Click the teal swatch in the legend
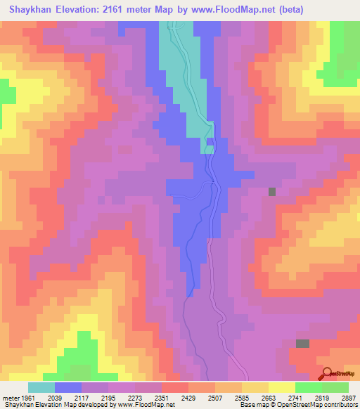coord(41,387)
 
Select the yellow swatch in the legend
coord(282,387)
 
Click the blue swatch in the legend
coord(68,387)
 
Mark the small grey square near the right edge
coord(272,192)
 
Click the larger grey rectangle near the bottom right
coord(302,344)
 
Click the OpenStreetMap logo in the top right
coord(336,67)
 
